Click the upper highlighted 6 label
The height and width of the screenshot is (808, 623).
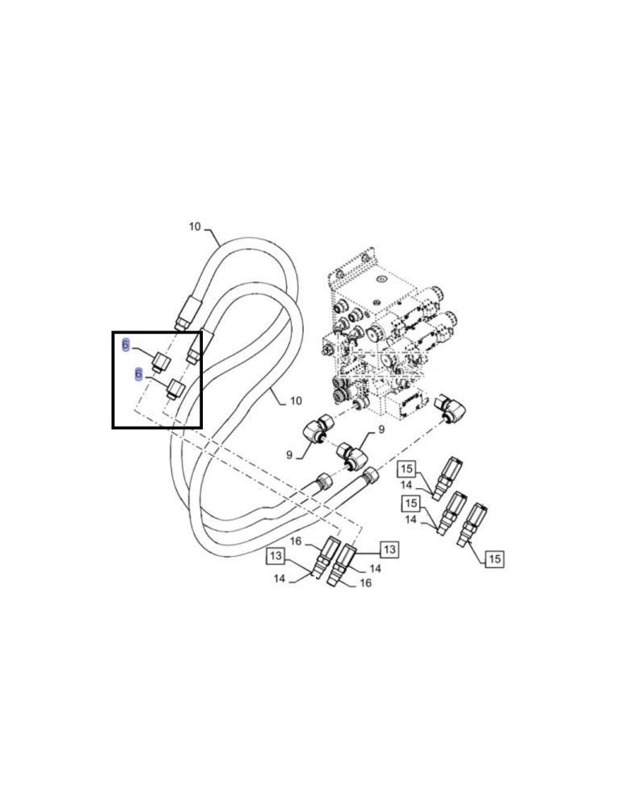(x=125, y=346)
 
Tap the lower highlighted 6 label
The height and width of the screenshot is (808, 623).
(x=138, y=375)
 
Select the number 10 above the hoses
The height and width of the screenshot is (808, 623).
(x=195, y=227)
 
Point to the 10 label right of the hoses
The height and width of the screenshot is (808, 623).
(x=295, y=401)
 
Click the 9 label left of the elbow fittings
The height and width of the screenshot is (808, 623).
(x=288, y=456)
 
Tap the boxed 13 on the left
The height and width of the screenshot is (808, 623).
(x=276, y=556)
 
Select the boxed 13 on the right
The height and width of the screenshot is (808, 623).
(x=389, y=549)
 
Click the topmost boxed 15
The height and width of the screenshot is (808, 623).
(x=406, y=469)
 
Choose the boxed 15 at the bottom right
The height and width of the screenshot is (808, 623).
(x=495, y=558)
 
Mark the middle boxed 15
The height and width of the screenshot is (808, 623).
(x=411, y=504)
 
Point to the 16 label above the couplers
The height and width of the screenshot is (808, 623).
(x=296, y=542)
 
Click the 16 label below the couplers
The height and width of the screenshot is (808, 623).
(x=365, y=583)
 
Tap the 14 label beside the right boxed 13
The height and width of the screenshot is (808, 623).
(x=375, y=569)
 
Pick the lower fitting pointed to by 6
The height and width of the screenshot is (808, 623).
(x=175, y=390)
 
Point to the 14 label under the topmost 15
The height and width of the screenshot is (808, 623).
(x=407, y=485)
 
